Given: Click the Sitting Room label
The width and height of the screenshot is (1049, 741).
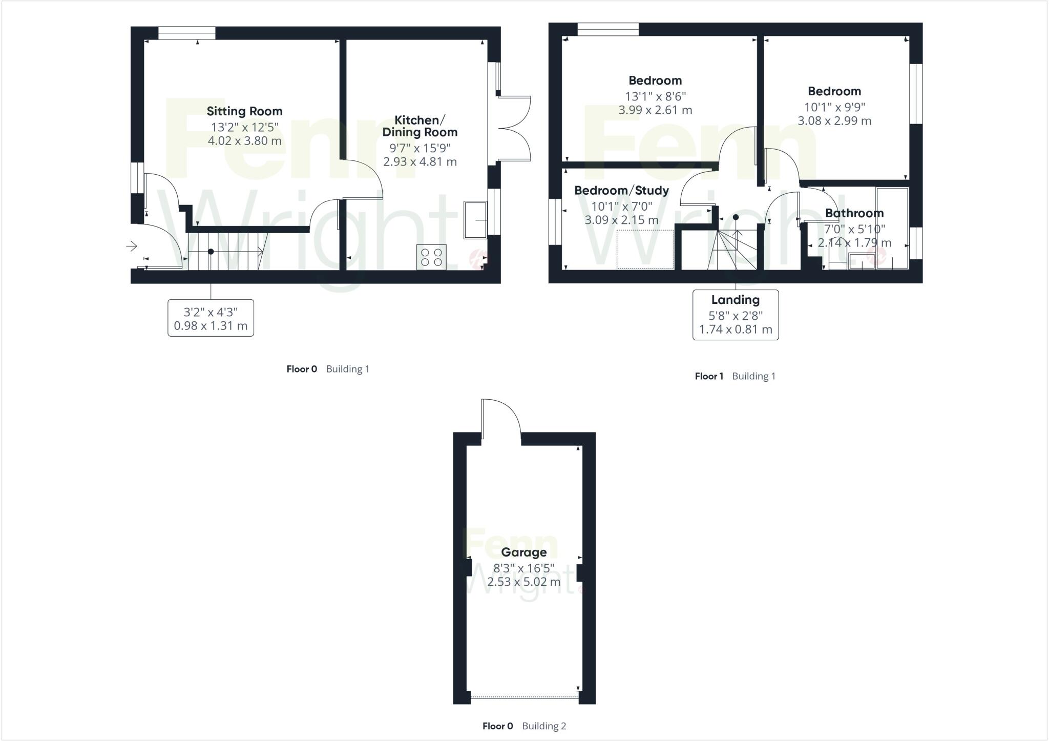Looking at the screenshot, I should click(244, 111).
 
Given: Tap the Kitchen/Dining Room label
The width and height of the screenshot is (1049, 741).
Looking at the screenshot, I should click(419, 126).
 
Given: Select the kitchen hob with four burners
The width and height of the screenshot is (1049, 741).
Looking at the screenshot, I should click(431, 257).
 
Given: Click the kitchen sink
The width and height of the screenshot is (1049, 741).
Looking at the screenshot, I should click(475, 220).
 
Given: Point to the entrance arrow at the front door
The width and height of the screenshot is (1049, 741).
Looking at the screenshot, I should click(132, 246).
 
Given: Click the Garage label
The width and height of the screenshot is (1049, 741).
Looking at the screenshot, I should click(523, 552).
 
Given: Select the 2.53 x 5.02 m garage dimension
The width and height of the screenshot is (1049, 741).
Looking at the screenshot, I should click(523, 582).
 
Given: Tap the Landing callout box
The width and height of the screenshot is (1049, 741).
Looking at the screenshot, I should click(736, 315).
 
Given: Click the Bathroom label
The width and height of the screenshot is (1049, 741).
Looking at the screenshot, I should click(854, 213).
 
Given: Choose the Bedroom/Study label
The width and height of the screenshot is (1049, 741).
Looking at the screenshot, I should click(621, 191).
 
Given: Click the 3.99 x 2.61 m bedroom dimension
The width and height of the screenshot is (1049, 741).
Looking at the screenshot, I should click(655, 110).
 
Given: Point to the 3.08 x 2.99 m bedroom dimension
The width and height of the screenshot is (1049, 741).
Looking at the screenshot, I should click(834, 121).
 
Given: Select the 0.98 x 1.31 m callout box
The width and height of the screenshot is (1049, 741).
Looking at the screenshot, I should click(211, 318).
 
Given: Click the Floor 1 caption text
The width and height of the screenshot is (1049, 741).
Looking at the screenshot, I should click(709, 376).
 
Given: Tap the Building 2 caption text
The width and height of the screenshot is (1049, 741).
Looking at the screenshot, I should click(544, 726).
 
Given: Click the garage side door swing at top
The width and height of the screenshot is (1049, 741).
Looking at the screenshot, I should click(501, 418).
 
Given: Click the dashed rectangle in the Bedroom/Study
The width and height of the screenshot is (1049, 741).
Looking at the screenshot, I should click(645, 249).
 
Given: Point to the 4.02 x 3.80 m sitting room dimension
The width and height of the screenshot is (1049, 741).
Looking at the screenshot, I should click(244, 141).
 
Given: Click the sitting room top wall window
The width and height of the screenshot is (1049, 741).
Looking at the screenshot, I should click(186, 33).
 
